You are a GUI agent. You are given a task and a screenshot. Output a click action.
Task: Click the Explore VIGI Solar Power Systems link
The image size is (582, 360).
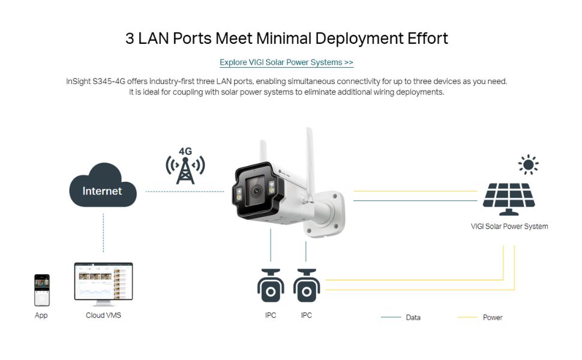click(286, 62)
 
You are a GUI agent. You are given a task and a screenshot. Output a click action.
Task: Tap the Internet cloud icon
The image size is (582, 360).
click(103, 185)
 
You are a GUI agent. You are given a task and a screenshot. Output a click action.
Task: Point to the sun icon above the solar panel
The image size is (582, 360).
click(529, 164)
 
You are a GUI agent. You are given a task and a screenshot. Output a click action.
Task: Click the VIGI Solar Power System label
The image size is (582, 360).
click(509, 226)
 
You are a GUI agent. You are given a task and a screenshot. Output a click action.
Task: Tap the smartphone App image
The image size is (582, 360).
click(41, 290)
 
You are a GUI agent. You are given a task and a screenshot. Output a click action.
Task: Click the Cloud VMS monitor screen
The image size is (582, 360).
click(103, 281)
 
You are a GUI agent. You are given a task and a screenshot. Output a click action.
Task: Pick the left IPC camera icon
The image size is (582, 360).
click(271, 285)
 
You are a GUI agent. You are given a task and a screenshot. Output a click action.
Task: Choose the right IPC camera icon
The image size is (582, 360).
click(306, 285)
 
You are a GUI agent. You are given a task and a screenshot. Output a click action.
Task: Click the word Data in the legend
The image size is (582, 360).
click(413, 317)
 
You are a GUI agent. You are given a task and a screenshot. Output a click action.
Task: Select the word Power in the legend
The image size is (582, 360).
click(493, 317)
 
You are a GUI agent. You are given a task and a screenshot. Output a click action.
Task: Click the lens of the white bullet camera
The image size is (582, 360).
click(256, 191)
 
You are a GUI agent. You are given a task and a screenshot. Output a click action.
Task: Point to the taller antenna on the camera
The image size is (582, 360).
click(310, 163)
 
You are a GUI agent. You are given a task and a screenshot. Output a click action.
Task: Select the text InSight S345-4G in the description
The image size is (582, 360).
click(95, 81)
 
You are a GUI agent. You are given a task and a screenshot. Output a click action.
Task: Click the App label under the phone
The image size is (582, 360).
click(41, 315)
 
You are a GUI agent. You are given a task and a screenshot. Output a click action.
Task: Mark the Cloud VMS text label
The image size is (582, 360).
click(103, 315)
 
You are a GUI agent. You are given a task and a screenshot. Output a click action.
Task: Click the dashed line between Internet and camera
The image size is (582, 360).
click(185, 191)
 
